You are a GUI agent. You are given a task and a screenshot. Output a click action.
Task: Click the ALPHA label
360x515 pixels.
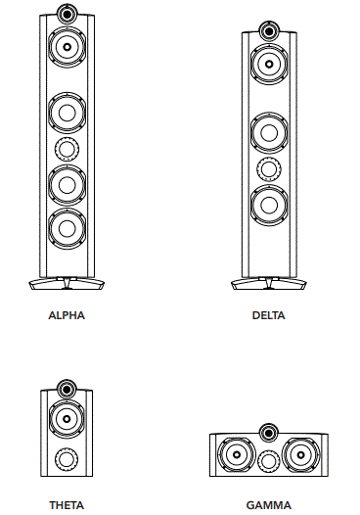pyautogui.click(x=67, y=316)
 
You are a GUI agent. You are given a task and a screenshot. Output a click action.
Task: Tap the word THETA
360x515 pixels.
pyautogui.click(x=67, y=505)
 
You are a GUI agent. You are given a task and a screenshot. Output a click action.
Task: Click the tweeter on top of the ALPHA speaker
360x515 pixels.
pyautogui.click(x=67, y=14)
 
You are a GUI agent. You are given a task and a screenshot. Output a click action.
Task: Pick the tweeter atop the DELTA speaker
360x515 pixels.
pyautogui.click(x=267, y=31)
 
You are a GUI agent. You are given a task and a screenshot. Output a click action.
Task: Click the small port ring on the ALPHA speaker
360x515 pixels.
pyautogui.click(x=67, y=149)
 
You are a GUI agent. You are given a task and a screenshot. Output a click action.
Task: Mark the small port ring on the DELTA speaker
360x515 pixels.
pyautogui.click(x=267, y=168)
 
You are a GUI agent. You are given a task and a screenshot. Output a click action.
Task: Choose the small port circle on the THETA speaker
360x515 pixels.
pyautogui.click(x=67, y=458)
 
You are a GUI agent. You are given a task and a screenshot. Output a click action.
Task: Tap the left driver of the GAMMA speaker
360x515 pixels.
pyautogui.click(x=235, y=455)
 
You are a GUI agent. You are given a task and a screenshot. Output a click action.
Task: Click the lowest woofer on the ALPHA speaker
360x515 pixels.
pyautogui.click(x=67, y=228)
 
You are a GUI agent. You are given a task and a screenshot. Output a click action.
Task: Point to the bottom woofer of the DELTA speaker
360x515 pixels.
pyautogui.click(x=267, y=206)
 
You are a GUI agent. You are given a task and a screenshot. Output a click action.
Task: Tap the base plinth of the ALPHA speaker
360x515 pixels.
pyautogui.click(x=67, y=285)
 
